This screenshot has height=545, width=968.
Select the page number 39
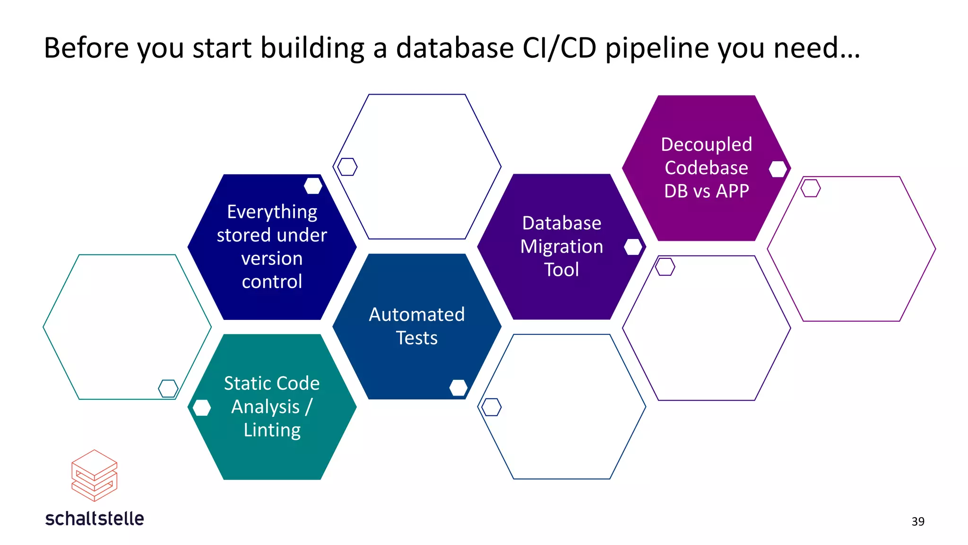pyautogui.click(x=917, y=521)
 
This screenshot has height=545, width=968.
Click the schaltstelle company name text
pyautogui.click(x=95, y=519)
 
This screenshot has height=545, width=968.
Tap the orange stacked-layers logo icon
pyautogui.click(x=94, y=475)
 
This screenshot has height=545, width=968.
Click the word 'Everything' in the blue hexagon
pyautogui.click(x=272, y=212)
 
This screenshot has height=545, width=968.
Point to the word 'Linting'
pyautogui.click(x=272, y=430)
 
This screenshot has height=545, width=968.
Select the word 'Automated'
pyautogui.click(x=416, y=315)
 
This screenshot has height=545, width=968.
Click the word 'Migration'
pyautogui.click(x=561, y=246)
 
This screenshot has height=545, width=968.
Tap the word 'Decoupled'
pyautogui.click(x=706, y=144)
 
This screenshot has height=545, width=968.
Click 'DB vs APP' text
pyautogui.click(x=706, y=191)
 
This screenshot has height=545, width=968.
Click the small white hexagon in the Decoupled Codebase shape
pyautogui.click(x=778, y=169)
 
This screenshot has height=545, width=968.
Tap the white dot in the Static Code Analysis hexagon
pyautogui.click(x=202, y=407)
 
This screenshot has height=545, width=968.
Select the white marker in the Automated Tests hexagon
pyautogui.click(x=458, y=387)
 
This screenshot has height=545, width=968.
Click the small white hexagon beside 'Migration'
pyautogui.click(x=632, y=246)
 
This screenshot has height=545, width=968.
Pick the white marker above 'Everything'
pyautogui.click(x=313, y=186)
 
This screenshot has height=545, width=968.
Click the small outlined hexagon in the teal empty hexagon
pyautogui.click(x=168, y=388)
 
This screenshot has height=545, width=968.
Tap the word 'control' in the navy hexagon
pyautogui.click(x=272, y=282)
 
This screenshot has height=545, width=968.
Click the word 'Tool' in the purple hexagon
pyautogui.click(x=561, y=270)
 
